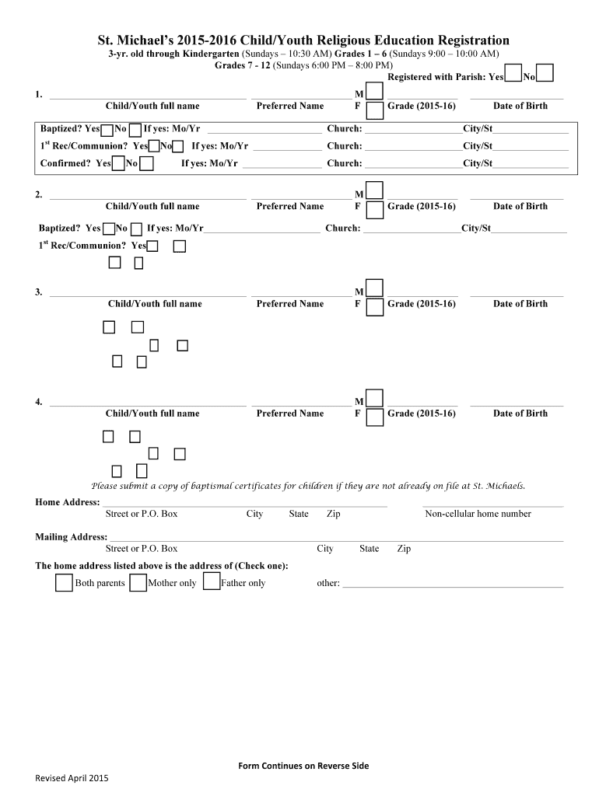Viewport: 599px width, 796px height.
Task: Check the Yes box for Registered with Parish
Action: (513, 73)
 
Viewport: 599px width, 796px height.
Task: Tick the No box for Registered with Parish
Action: (545, 73)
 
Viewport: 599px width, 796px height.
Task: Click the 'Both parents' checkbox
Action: (64, 582)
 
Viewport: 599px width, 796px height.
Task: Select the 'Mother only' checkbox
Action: (138, 582)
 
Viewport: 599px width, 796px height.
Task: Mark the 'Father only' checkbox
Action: (211, 581)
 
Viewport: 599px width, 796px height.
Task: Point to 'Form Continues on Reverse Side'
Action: (303, 766)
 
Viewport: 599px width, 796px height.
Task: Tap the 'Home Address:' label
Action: (67, 502)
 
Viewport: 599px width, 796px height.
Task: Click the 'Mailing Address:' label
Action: (71, 537)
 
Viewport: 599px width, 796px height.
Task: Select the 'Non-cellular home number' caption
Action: (478, 514)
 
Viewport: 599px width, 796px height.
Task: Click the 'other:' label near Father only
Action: (328, 583)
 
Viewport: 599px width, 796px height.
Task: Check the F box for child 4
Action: (374, 417)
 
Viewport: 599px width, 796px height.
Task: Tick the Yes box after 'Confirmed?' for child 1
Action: (118, 163)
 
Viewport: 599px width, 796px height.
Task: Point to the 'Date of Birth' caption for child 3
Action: (520, 304)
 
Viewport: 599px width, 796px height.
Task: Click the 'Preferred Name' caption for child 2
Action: (289, 206)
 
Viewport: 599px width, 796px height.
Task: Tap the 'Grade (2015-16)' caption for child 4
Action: (421, 414)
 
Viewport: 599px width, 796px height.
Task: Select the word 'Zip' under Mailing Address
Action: (404, 549)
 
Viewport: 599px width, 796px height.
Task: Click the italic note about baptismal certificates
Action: (308, 486)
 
